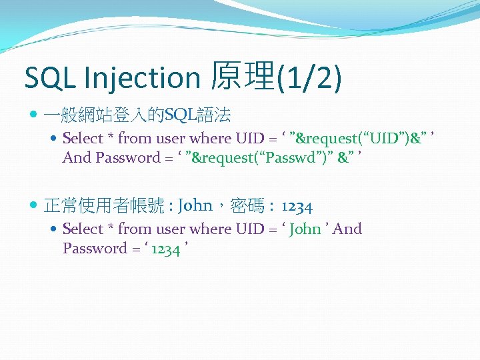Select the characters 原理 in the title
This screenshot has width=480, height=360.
[241, 77]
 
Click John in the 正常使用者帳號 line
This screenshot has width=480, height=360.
[196, 205]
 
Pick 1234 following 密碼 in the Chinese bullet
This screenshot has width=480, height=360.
[297, 206]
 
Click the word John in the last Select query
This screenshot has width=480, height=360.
[306, 229]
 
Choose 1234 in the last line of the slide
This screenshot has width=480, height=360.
[165, 249]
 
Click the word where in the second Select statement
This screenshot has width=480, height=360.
[211, 229]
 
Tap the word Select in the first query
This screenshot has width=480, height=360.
[83, 139]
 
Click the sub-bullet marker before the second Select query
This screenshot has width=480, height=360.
[55, 229]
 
